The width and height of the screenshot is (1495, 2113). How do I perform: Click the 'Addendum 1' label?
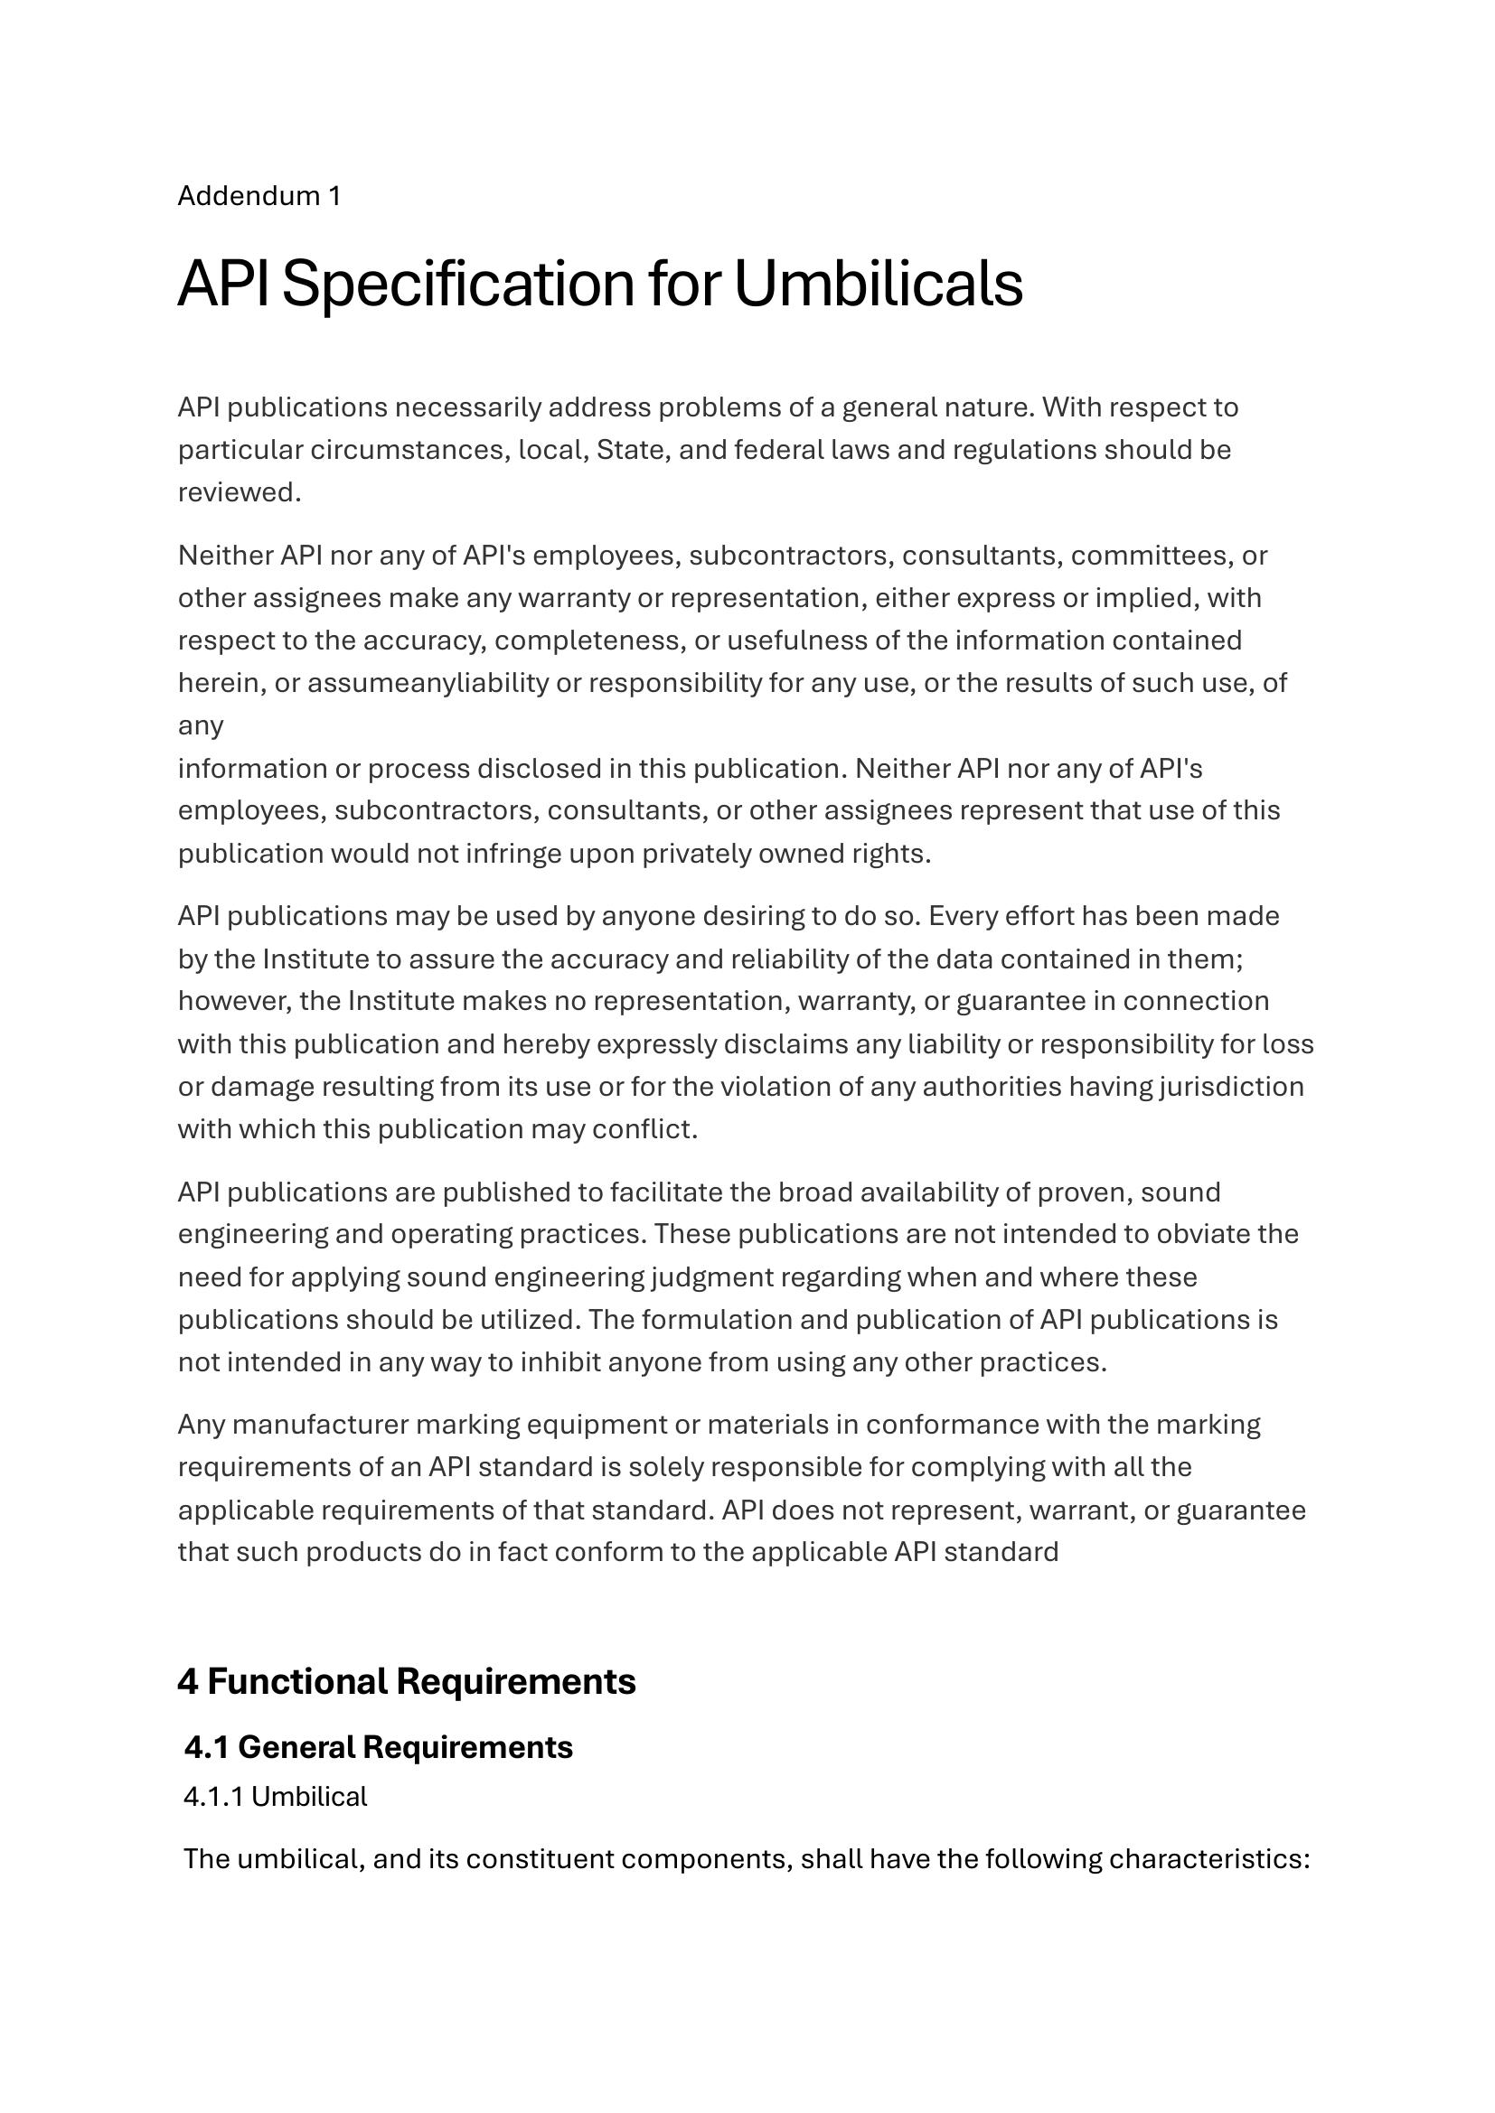(x=259, y=196)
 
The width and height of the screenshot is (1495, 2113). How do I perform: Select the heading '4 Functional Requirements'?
(x=406, y=1681)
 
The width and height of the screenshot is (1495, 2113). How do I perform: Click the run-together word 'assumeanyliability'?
(x=428, y=683)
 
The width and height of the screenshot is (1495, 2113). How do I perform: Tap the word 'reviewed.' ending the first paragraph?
(x=240, y=492)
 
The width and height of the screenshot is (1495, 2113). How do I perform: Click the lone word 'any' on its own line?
(x=201, y=725)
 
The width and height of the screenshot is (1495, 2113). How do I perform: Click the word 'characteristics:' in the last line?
(x=1209, y=1859)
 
